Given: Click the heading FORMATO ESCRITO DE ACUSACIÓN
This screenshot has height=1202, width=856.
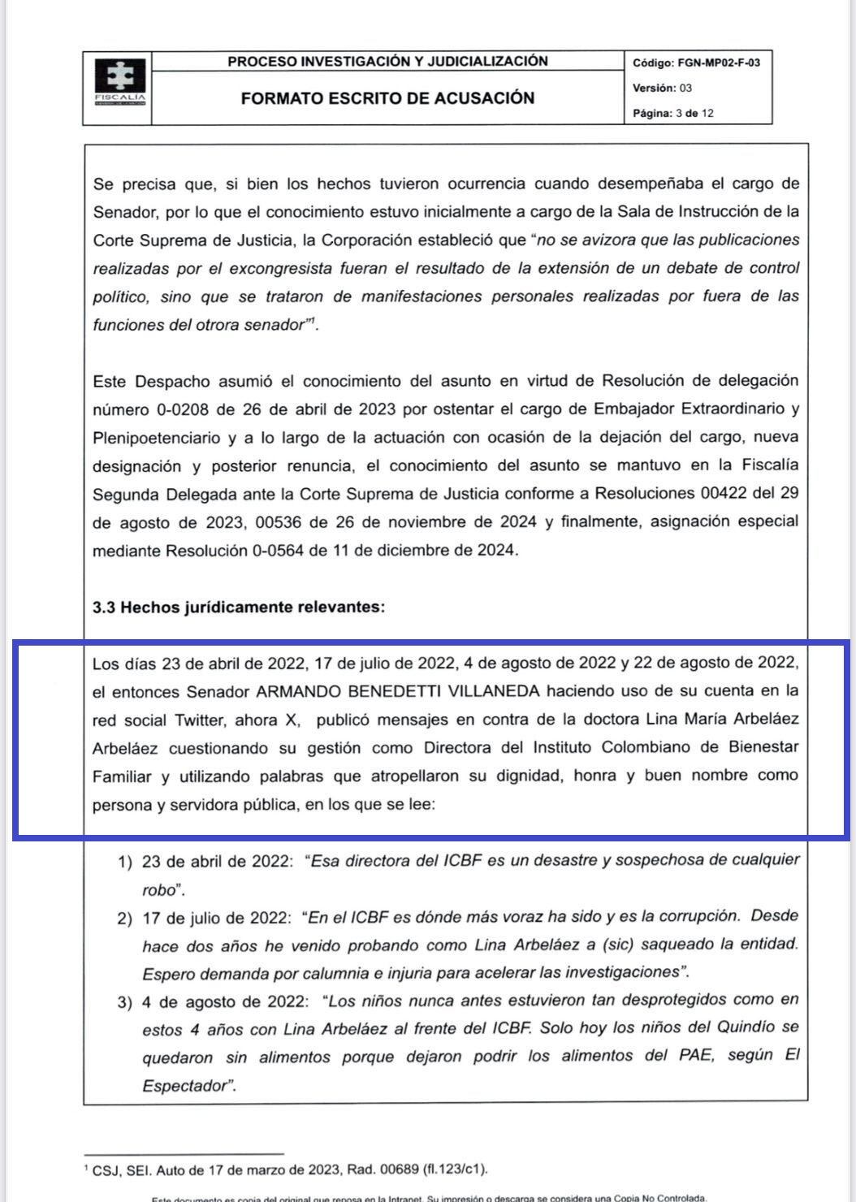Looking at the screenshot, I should pos(387,98).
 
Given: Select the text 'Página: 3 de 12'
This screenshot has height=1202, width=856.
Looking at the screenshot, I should pos(673,113).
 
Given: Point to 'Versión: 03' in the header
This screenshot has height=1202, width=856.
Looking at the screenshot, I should pos(662,88).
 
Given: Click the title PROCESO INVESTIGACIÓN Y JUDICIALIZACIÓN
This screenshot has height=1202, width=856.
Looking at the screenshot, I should pos(387,61).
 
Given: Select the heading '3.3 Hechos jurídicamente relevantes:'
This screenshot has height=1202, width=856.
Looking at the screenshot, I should pos(239,607).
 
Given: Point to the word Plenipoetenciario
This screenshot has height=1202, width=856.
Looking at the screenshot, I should pos(156,438).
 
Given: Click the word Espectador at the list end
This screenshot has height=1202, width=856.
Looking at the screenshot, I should pos(188,1086).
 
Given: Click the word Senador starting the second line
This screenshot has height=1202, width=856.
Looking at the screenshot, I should pos(124,212).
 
